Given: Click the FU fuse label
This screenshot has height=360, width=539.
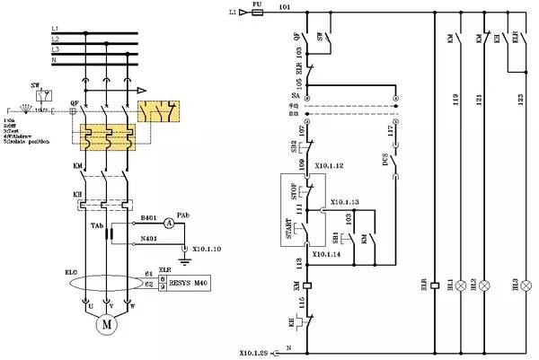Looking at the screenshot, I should tap(257, 5).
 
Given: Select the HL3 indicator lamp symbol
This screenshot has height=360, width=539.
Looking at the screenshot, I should tap(527, 285).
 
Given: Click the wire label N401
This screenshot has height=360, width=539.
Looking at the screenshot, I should tap(149, 239).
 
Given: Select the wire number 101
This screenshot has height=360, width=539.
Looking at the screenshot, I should tap(285, 7).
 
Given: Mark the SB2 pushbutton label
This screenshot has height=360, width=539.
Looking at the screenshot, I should tap(293, 146).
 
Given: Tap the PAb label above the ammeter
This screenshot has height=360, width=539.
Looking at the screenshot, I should tap(183, 215).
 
